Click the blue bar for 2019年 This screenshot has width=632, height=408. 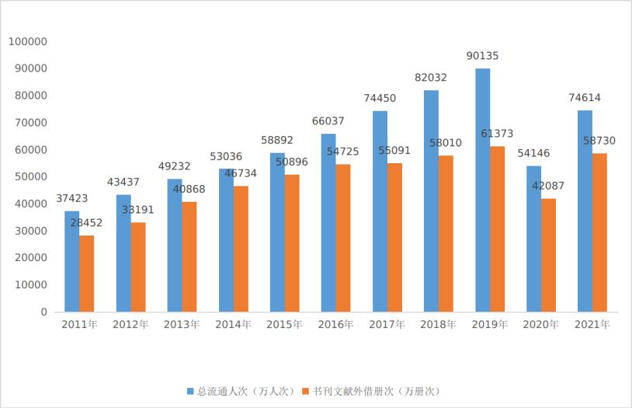(482, 190)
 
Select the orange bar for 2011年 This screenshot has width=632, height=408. (86, 274)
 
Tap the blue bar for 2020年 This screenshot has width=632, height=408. (534, 239)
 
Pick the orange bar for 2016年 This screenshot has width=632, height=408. (343, 238)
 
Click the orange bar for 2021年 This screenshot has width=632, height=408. (599, 232)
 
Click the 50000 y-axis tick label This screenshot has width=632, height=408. (30, 176)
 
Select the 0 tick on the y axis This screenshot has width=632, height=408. (44, 312)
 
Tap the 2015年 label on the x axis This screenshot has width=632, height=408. (285, 325)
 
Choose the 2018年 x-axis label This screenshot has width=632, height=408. (439, 325)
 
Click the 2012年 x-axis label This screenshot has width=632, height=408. (130, 325)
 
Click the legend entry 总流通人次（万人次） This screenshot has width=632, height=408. (240, 391)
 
